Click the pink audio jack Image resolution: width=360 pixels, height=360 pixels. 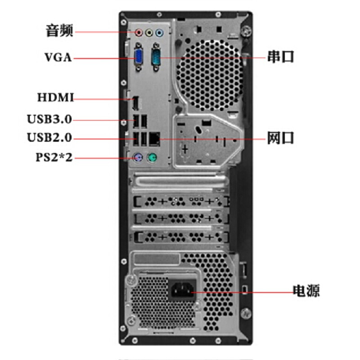click(x=139, y=33)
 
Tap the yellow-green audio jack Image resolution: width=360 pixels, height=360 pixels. click(x=149, y=33)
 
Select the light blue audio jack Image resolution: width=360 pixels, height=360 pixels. click(x=159, y=33)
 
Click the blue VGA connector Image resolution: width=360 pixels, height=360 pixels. click(x=138, y=57)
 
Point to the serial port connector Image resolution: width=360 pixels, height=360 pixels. click(x=156, y=57)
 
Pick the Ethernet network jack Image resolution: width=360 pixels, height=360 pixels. click(x=154, y=139)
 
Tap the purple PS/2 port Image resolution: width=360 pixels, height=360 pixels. click(x=138, y=158)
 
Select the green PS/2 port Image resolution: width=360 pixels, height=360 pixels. click(x=152, y=158)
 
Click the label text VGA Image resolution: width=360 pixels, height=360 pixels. click(x=58, y=58)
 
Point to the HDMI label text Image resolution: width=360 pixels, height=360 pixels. click(x=55, y=97)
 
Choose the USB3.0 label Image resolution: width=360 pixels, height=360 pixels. click(x=49, y=119)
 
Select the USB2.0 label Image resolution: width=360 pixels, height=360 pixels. click(x=49, y=138)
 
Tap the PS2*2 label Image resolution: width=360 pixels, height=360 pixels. click(x=54, y=157)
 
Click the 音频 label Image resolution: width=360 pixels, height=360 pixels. click(x=60, y=31)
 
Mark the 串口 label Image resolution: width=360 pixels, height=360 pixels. click(x=281, y=57)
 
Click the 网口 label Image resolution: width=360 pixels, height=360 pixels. click(x=280, y=138)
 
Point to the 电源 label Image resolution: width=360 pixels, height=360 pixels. click(x=306, y=291)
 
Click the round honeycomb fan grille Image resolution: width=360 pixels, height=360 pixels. click(x=209, y=75)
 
